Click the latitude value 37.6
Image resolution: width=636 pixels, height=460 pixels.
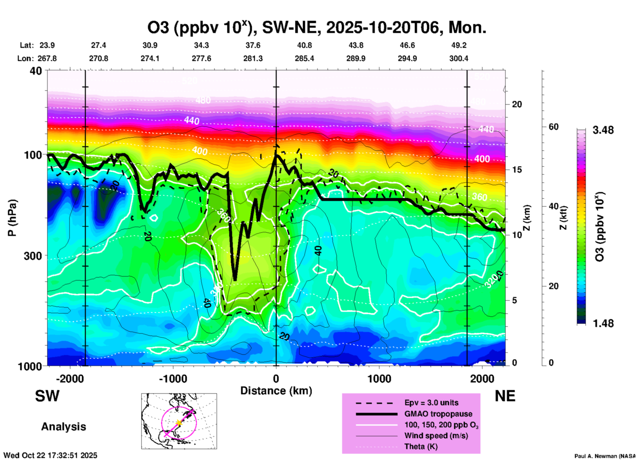click(x=253, y=45)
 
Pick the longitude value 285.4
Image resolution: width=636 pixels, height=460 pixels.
click(x=304, y=58)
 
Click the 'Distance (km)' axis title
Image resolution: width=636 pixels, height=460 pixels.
click(x=276, y=391)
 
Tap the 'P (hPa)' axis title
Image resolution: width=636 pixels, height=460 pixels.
click(x=12, y=218)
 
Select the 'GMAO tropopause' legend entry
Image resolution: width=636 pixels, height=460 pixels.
click(x=438, y=414)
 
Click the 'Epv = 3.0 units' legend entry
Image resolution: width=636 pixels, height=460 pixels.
click(x=431, y=403)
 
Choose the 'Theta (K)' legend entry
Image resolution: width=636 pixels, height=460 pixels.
click(x=421, y=446)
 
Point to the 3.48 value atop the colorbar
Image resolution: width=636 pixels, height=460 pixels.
click(x=603, y=130)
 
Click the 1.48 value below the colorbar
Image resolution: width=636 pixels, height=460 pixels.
click(x=603, y=323)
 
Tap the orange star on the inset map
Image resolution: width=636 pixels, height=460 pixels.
click(x=179, y=422)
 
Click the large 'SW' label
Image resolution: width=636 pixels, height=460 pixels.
click(x=47, y=396)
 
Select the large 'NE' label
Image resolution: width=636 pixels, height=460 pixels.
click(x=505, y=396)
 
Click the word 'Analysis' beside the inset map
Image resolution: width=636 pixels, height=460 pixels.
click(x=63, y=427)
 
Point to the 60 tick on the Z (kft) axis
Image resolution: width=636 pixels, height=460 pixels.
click(x=553, y=127)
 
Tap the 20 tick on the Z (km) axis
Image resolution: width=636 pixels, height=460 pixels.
click(x=517, y=104)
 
